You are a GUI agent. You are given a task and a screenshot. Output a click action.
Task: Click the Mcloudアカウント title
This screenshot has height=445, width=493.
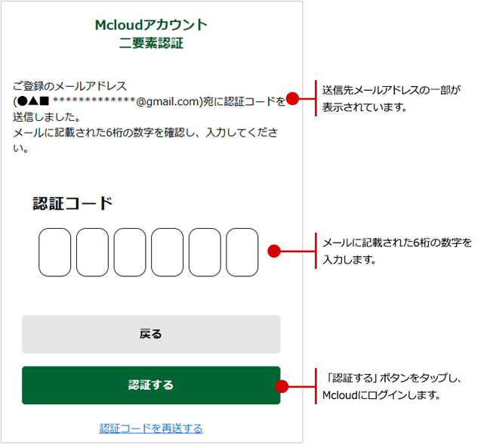point(151,25)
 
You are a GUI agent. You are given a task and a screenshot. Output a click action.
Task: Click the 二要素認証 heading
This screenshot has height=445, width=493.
point(151,43)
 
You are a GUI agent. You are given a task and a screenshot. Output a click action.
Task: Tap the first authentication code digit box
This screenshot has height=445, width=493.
point(55,252)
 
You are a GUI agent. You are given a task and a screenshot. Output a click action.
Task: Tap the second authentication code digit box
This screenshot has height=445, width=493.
point(92,252)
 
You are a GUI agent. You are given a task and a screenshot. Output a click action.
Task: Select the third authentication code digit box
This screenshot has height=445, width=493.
point(130,252)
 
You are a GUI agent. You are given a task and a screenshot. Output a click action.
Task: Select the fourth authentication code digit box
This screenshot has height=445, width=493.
point(168,252)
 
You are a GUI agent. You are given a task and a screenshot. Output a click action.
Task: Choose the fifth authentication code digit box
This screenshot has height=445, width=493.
point(205,252)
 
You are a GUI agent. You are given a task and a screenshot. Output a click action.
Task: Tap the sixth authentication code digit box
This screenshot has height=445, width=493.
point(242,252)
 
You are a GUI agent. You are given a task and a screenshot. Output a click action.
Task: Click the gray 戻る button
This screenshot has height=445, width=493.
point(151,334)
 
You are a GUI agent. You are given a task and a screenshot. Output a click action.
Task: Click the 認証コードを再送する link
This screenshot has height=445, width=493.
point(151,428)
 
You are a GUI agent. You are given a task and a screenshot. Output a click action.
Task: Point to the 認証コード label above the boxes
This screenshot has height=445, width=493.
point(72,203)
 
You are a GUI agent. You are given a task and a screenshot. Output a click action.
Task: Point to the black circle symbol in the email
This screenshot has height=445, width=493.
point(23,101)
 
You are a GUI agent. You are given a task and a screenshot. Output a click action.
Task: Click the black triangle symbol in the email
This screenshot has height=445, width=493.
point(34,101)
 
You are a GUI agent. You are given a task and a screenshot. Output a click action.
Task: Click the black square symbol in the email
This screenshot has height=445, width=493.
point(45,101)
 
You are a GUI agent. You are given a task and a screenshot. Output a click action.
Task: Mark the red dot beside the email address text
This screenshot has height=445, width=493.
point(293,98)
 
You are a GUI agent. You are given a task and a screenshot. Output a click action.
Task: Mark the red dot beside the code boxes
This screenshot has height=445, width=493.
point(274,251)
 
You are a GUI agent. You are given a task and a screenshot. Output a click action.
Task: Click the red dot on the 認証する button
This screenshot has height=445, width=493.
point(282,386)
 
